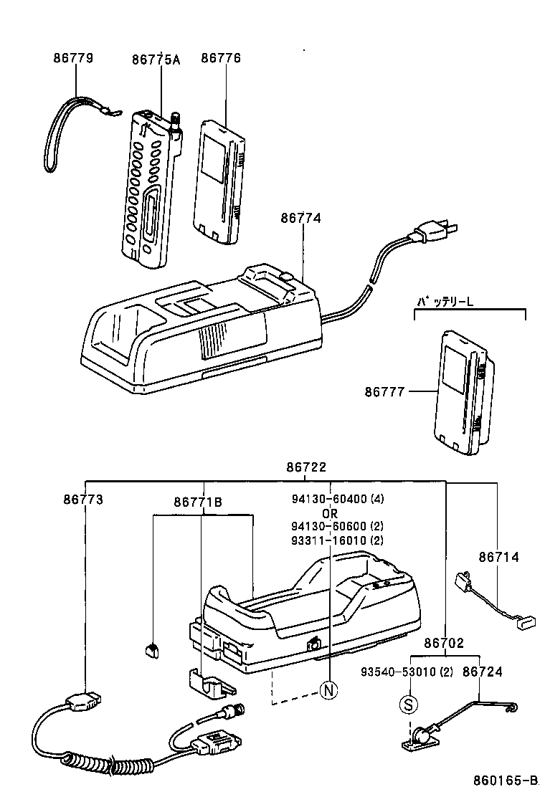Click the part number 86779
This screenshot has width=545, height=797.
(x=73, y=58)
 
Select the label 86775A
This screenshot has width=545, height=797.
(x=156, y=59)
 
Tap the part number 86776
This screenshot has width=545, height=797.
(x=221, y=58)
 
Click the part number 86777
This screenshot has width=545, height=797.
(x=384, y=391)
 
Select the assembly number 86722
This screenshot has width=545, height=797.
(x=306, y=467)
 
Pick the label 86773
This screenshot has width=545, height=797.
(x=83, y=499)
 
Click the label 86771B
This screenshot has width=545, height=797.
(x=198, y=502)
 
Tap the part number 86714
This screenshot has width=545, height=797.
(x=499, y=557)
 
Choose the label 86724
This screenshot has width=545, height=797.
(x=483, y=672)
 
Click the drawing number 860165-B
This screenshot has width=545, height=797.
(x=505, y=780)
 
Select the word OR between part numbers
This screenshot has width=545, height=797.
(x=329, y=513)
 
